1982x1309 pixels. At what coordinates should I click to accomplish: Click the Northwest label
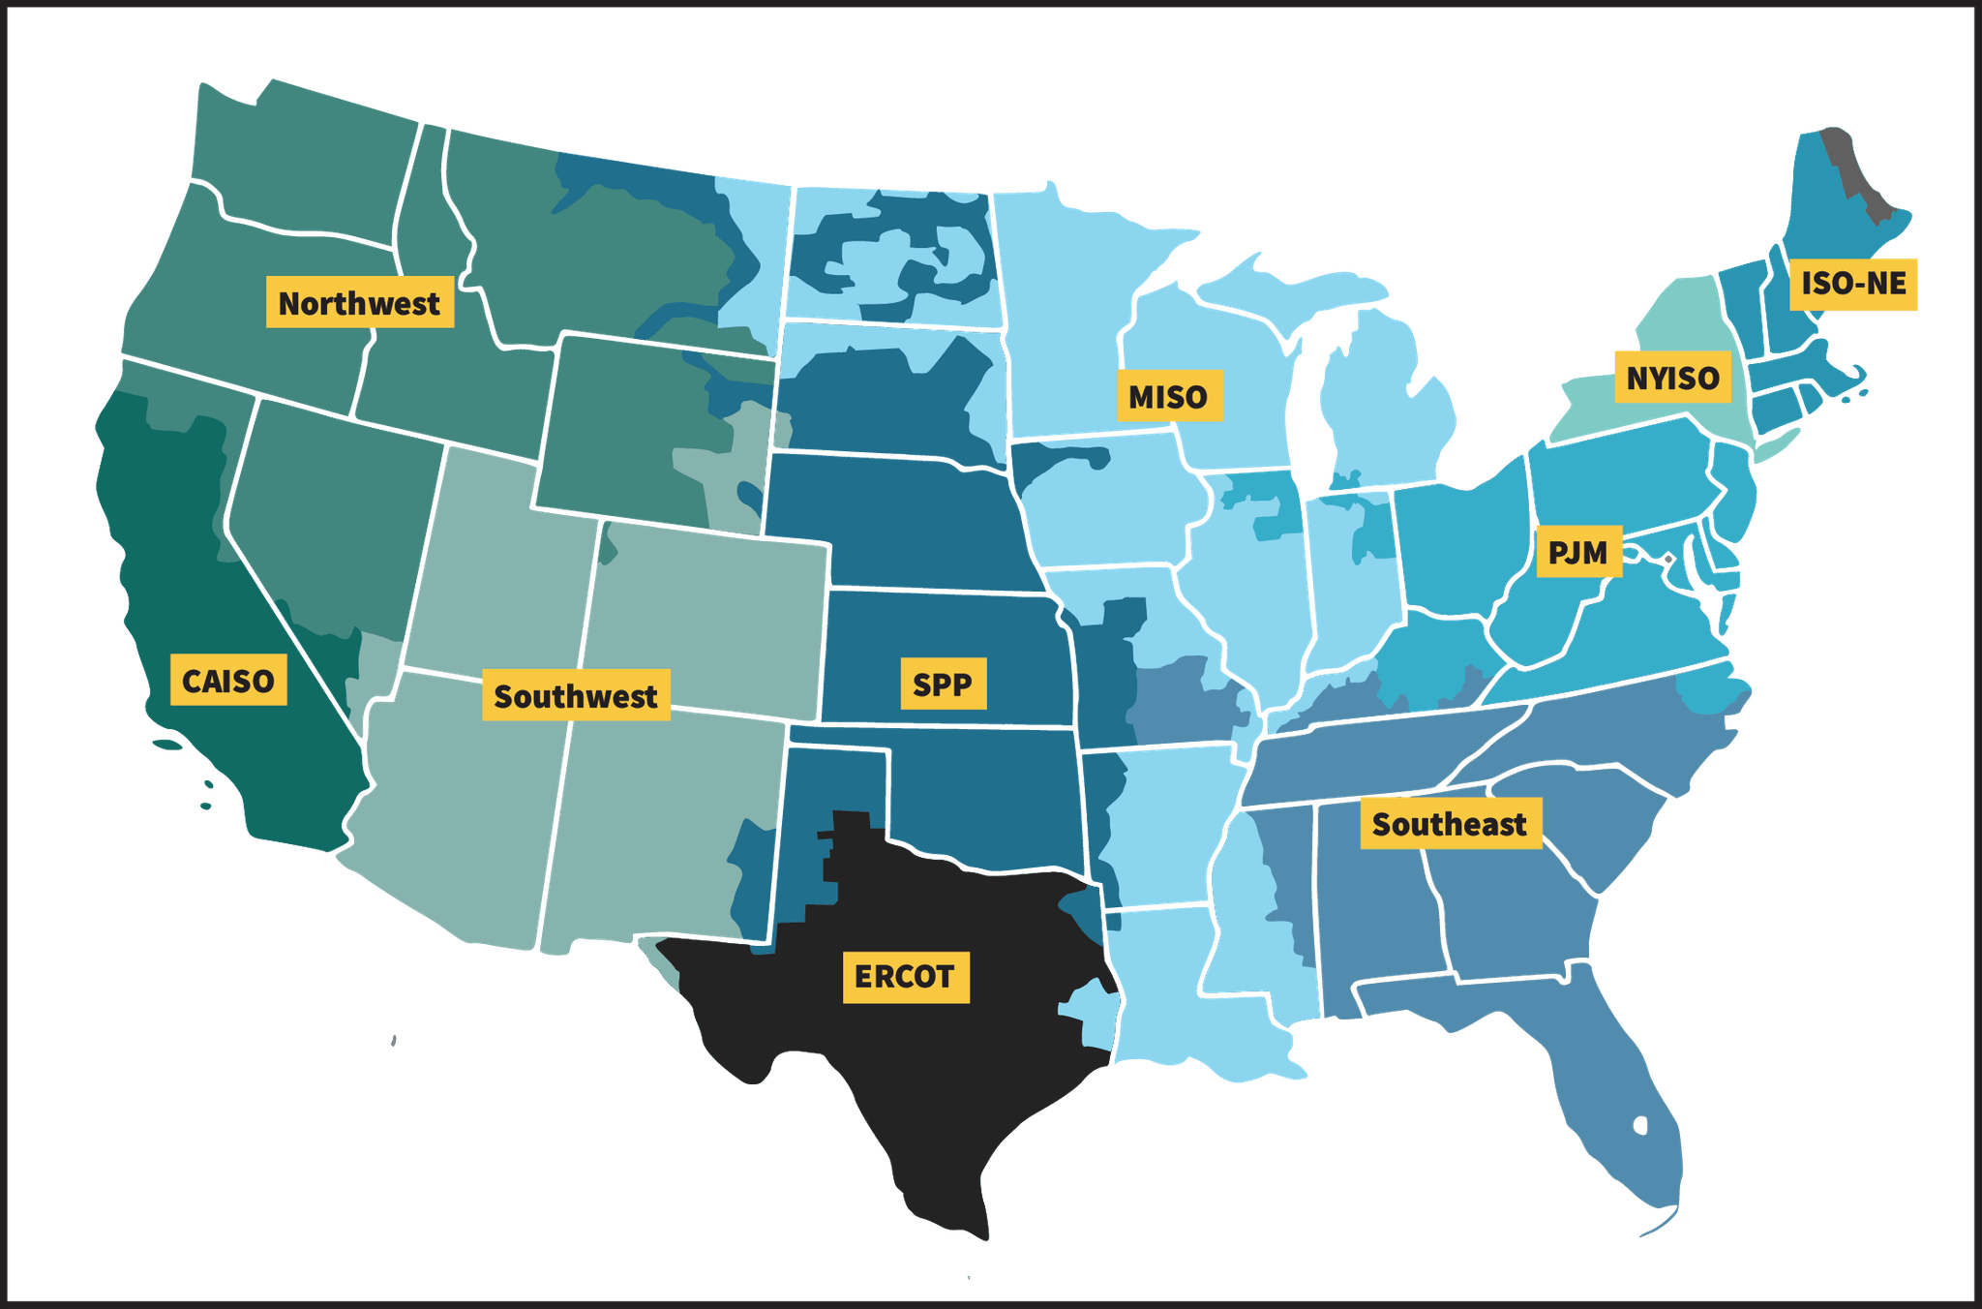click(x=360, y=303)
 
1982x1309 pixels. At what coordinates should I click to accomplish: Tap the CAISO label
click(x=228, y=681)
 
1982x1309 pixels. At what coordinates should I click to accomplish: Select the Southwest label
click(x=576, y=696)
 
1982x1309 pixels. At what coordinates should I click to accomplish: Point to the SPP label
click(x=943, y=685)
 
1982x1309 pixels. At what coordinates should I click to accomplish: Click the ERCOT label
click(x=905, y=976)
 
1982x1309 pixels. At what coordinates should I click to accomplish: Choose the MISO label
click(x=1169, y=396)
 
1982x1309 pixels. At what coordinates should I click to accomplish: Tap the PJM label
click(x=1578, y=552)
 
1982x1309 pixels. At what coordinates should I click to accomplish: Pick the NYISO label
click(x=1672, y=377)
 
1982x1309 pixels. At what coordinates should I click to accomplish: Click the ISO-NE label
click(x=1852, y=284)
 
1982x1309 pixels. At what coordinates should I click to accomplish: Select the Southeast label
click(x=1450, y=824)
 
